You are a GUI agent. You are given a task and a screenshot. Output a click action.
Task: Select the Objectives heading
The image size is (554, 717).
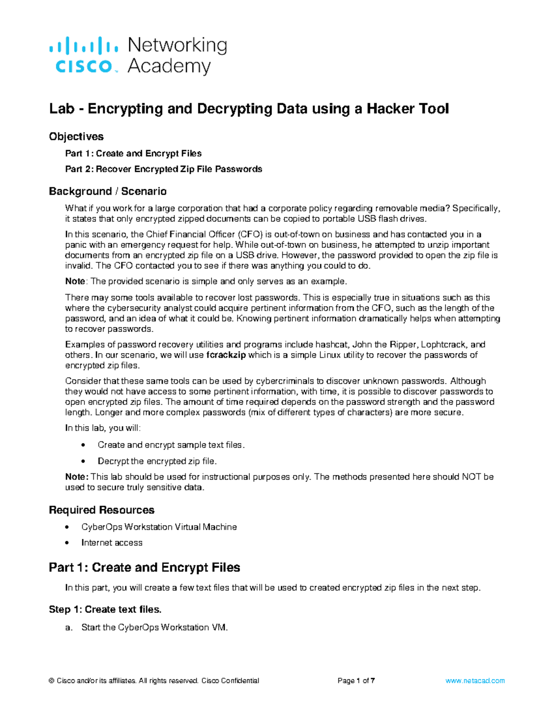(76, 137)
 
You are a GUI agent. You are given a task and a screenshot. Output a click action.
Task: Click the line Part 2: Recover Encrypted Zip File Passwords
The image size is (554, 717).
(163, 169)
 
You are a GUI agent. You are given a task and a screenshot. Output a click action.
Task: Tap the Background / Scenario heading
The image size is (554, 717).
(108, 191)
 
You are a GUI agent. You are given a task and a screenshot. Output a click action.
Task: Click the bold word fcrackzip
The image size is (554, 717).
(226, 355)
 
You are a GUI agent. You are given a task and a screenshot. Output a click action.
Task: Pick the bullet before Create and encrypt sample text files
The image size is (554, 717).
(83, 445)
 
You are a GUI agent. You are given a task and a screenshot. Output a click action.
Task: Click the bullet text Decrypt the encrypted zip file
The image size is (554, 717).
(157, 461)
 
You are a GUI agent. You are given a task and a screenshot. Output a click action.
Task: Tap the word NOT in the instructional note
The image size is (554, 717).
(471, 477)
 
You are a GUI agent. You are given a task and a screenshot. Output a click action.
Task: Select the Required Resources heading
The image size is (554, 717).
(102, 510)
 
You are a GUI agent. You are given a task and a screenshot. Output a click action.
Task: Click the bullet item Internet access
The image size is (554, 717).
(112, 543)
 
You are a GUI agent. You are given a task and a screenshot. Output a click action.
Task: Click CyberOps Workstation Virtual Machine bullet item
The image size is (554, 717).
(159, 527)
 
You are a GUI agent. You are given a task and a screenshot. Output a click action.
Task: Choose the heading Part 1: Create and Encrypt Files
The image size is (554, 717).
(145, 567)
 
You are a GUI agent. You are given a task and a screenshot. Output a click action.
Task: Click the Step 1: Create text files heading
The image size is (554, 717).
(105, 610)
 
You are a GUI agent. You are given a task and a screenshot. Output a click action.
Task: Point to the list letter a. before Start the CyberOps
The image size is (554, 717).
(69, 627)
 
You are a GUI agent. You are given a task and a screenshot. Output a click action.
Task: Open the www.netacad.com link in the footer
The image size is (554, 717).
(475, 681)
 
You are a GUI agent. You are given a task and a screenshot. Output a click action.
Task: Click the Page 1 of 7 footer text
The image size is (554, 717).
(356, 681)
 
